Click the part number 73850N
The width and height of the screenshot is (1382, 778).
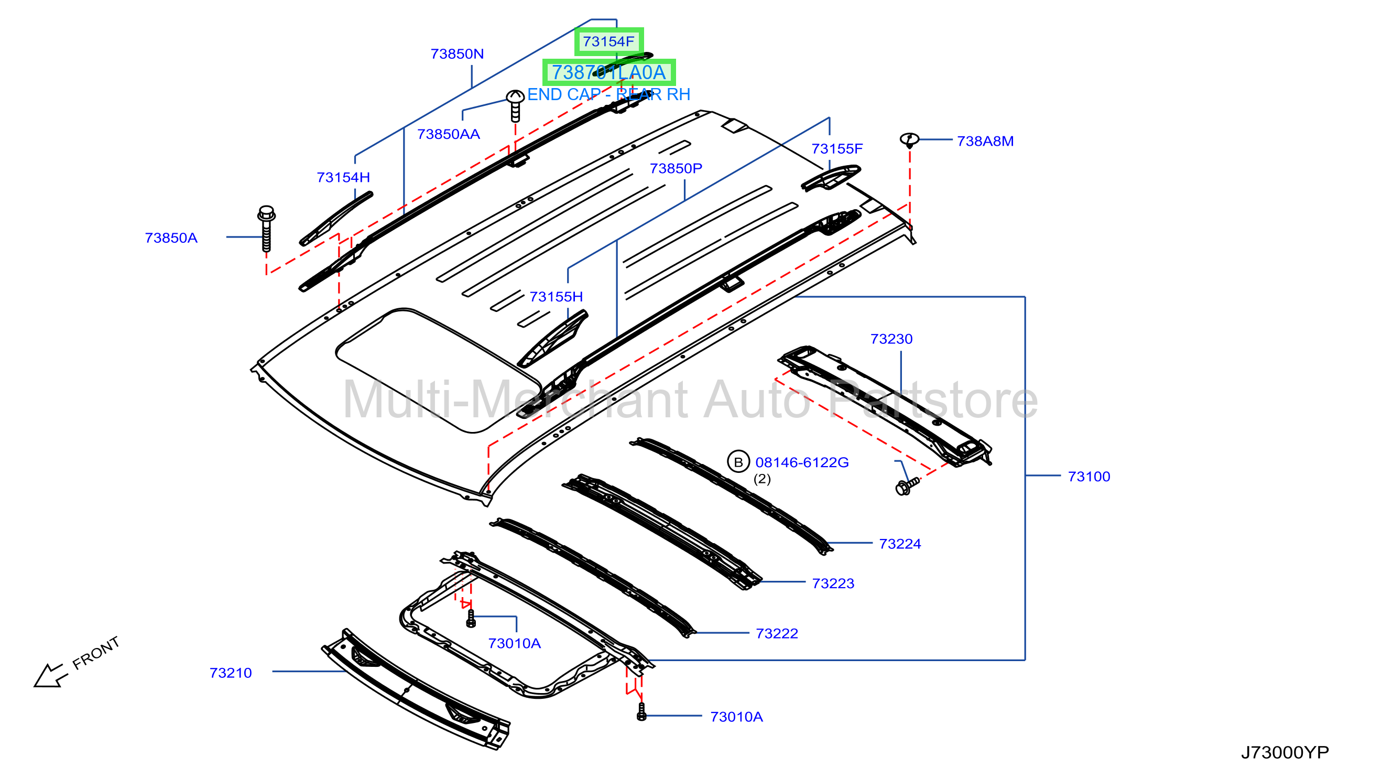click(457, 53)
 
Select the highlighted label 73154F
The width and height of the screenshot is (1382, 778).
click(608, 41)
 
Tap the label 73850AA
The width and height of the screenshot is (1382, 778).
click(449, 134)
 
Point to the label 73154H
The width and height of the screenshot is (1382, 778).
click(343, 177)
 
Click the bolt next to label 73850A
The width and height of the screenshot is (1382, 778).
click(266, 228)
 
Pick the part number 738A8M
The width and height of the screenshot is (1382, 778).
click(985, 141)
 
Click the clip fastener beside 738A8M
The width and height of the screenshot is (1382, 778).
click(909, 140)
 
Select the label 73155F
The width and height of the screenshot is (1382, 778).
click(837, 148)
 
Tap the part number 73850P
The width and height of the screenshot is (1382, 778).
click(676, 168)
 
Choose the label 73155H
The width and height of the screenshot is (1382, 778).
click(557, 297)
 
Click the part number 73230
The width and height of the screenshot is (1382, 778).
click(891, 339)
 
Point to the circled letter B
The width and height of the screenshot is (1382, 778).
click(738, 462)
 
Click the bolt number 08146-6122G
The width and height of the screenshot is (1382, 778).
click(802, 462)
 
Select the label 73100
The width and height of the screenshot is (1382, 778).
click(1089, 477)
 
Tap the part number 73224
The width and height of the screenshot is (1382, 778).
click(900, 544)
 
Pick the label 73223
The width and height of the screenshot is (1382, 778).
click(833, 584)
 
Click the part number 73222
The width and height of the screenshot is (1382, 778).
click(777, 634)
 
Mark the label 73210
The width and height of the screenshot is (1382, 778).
click(231, 673)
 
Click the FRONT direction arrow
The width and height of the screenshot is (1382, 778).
click(51, 675)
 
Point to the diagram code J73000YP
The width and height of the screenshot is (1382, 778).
click(1285, 753)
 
